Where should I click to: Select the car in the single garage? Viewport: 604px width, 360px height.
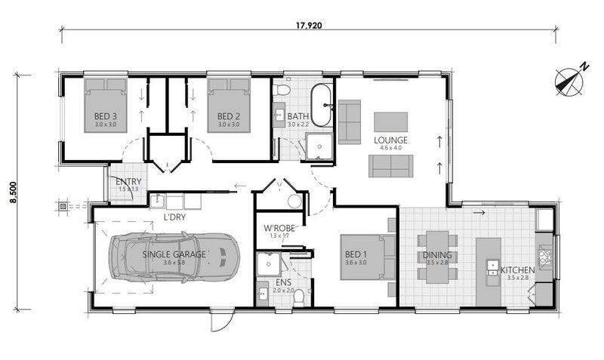[x=174, y=257]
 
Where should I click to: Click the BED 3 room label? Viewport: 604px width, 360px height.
[x=105, y=116]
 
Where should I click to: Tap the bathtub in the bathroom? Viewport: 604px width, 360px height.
[x=322, y=106]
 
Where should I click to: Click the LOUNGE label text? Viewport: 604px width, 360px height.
[x=390, y=140]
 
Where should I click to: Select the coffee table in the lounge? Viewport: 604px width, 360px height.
[x=390, y=122]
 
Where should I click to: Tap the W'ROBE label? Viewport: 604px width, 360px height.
[x=279, y=228]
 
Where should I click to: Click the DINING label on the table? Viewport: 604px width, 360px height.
[x=437, y=256]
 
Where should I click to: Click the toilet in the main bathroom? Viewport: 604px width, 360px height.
[x=282, y=91]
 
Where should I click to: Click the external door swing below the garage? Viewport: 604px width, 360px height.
[x=220, y=321]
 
